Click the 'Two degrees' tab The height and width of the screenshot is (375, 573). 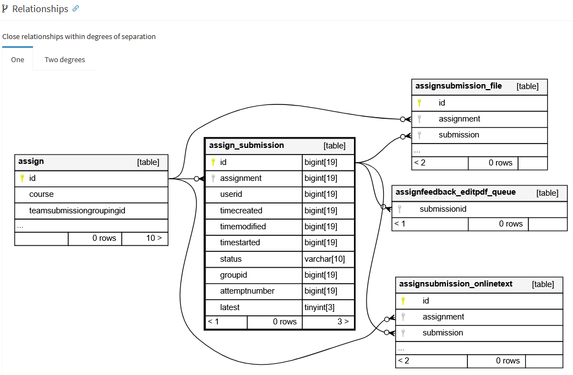tap(64, 59)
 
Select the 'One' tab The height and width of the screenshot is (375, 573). tap(18, 59)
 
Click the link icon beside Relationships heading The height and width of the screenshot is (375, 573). tap(76, 9)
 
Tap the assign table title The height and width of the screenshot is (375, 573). tap(31, 162)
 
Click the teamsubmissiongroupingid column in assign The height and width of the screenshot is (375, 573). tap(77, 211)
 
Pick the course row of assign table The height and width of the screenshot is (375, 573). tap(42, 195)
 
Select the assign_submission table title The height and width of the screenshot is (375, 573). tap(247, 146)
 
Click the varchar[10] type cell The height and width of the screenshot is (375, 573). tap(325, 259)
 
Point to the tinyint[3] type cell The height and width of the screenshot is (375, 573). tap(319, 307)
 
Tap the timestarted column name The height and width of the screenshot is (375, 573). tap(240, 242)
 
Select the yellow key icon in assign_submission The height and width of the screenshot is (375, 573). tap(213, 162)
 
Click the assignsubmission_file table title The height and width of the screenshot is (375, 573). tap(459, 86)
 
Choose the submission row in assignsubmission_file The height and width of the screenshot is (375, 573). tap(459, 135)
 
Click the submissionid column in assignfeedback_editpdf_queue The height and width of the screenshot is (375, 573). tap(443, 209)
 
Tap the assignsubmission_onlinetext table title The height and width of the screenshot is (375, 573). tap(455, 284)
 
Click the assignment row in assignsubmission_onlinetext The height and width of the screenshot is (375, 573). tap(443, 317)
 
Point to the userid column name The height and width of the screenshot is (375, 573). tap(231, 194)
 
